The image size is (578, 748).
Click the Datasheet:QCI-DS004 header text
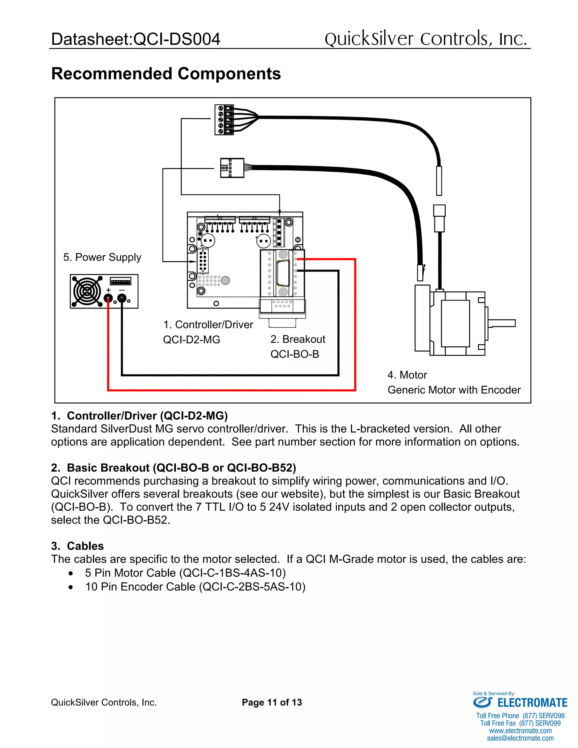pos(135,39)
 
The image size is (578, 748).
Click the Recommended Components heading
pos(166,74)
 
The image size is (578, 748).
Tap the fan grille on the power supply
pos(87,291)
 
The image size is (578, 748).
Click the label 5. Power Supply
pos(102,257)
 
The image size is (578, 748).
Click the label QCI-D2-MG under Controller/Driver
pos(191,340)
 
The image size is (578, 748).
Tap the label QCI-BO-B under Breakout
pos(294,354)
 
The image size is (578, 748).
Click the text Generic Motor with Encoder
pos(454,390)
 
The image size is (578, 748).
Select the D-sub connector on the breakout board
pos(283,273)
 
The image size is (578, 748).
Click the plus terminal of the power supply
pos(108,298)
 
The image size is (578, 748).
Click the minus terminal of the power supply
pos(122,298)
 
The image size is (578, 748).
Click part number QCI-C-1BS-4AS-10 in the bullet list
pos(233,573)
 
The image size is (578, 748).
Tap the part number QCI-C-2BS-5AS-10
pos(252,587)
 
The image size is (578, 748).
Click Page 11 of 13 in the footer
pos(272,703)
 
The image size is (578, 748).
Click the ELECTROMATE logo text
pos(532,703)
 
